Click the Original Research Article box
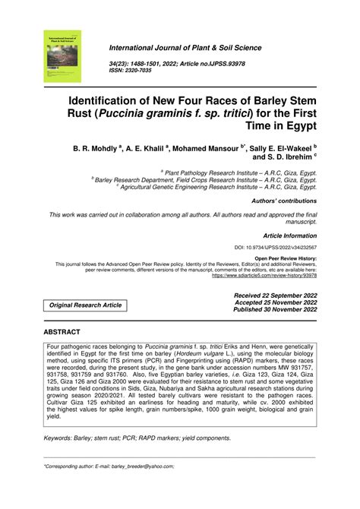click(x=86, y=305)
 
